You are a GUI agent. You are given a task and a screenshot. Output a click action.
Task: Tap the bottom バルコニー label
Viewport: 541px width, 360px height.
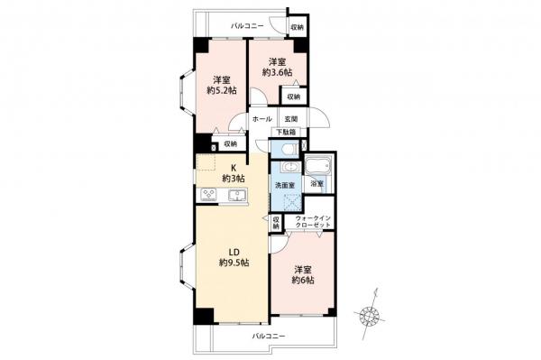pos(268,335)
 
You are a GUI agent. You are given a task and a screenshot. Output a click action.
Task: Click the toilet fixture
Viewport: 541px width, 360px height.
pos(286,150)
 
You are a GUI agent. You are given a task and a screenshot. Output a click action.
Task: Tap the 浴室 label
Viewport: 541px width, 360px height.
pos(316,184)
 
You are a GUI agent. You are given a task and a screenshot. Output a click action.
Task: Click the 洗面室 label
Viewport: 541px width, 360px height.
pos(285,186)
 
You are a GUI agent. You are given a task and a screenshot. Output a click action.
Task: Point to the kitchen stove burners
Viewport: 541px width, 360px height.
pos(206,193)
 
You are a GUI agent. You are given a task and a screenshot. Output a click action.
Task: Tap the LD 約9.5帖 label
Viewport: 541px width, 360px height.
pos(234,255)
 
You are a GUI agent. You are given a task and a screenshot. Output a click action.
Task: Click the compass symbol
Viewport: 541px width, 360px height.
pos(369,314)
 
